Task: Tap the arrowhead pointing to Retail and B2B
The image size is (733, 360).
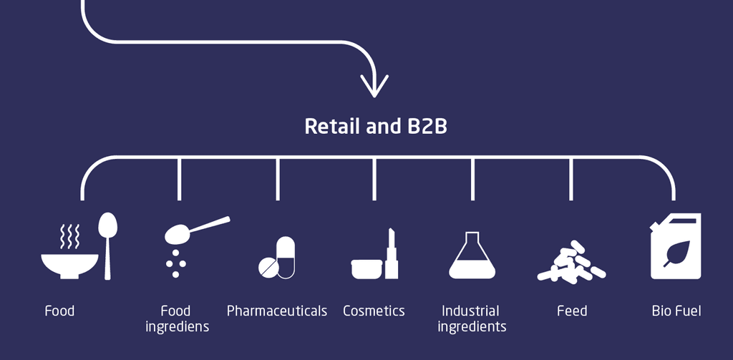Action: tap(374, 84)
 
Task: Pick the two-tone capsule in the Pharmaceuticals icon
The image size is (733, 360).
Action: tap(286, 257)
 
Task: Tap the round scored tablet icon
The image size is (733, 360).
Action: tap(268, 267)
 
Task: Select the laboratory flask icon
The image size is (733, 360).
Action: tap(472, 256)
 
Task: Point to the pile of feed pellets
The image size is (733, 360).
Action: tap(571, 263)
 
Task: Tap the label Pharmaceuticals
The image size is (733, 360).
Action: tap(277, 311)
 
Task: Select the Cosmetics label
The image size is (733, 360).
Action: tap(374, 311)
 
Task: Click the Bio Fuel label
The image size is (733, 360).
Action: tap(676, 311)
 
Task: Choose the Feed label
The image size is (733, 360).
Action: tap(572, 311)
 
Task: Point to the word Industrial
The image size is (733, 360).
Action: tap(470, 311)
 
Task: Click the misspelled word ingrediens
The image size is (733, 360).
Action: tap(177, 327)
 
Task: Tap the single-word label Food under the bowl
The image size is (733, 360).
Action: tap(59, 311)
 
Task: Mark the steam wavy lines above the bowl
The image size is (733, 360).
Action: tap(69, 235)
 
